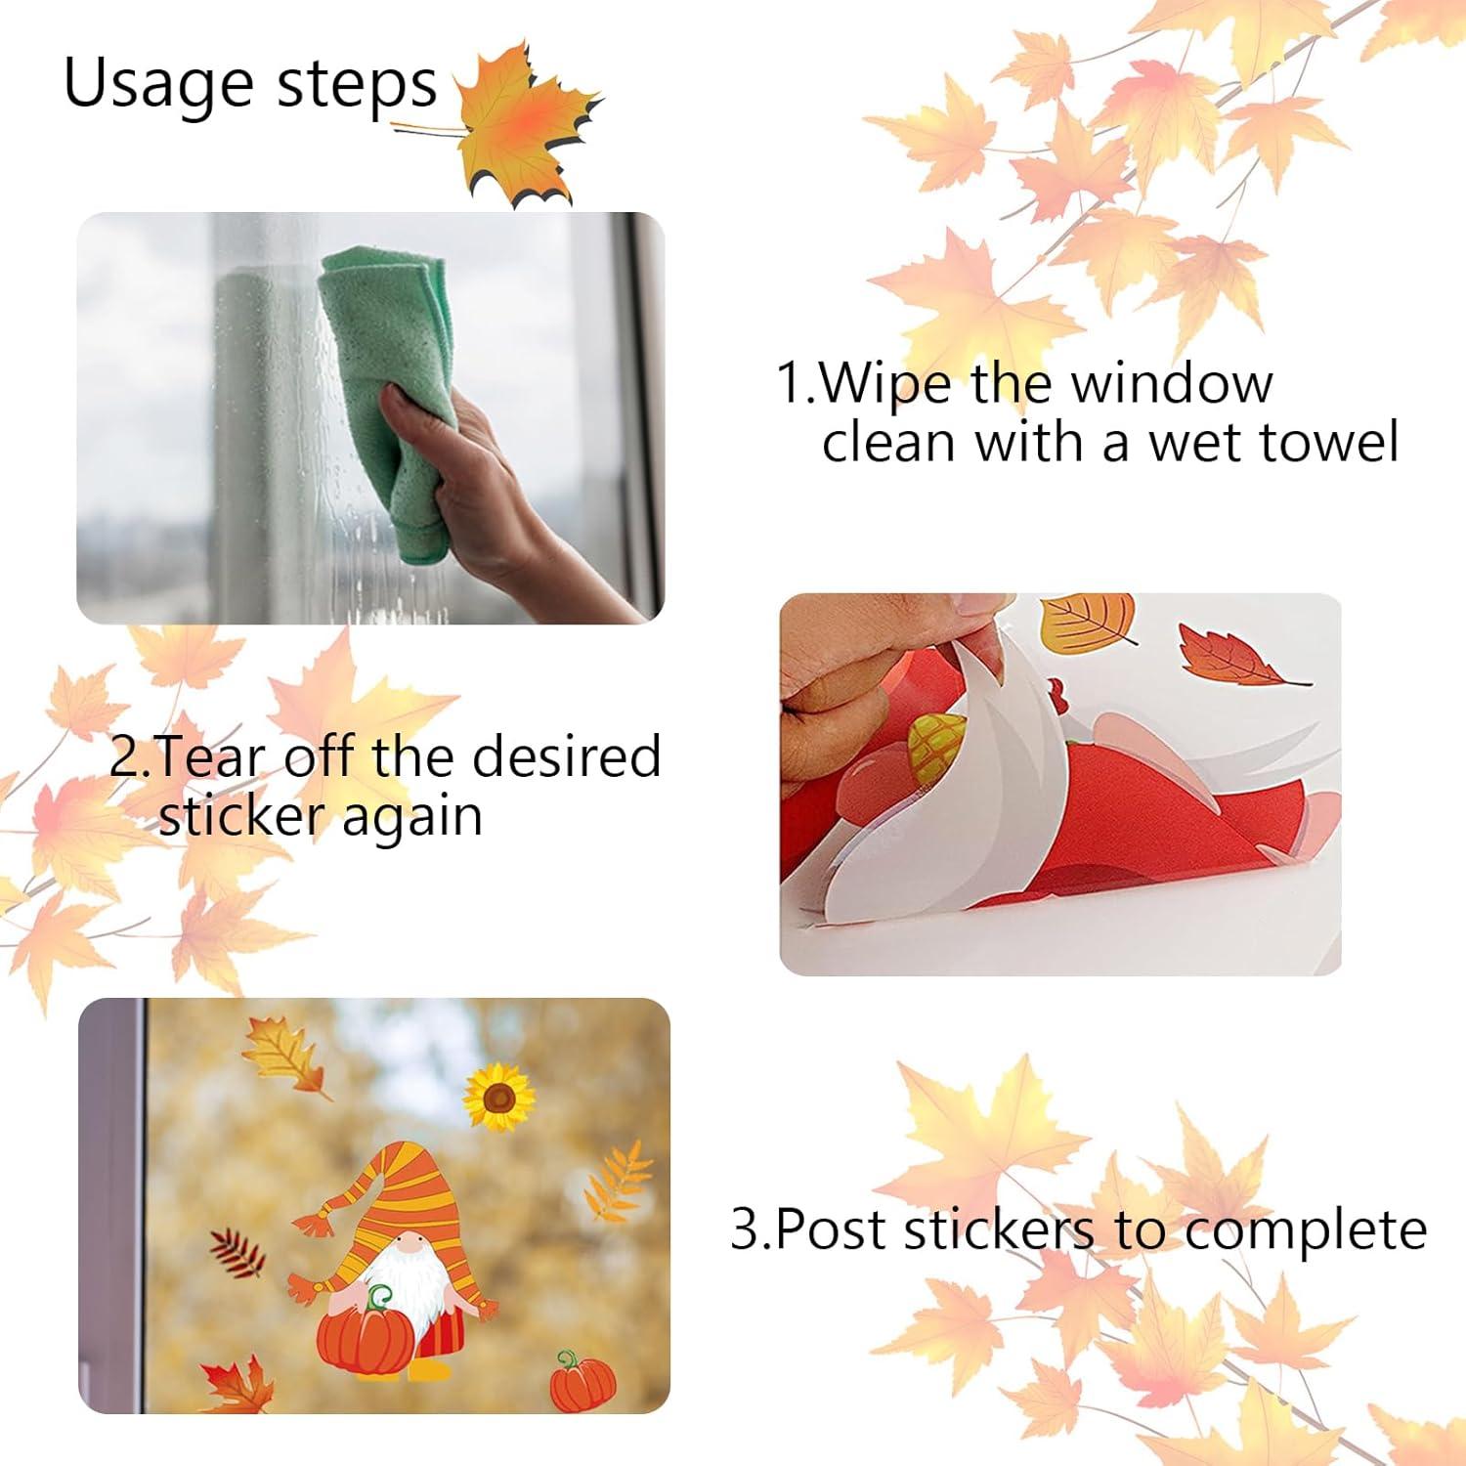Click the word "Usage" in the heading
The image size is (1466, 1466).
click(157, 85)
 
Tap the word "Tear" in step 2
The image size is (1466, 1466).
click(209, 757)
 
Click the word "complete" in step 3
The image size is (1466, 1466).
click(1305, 1230)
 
